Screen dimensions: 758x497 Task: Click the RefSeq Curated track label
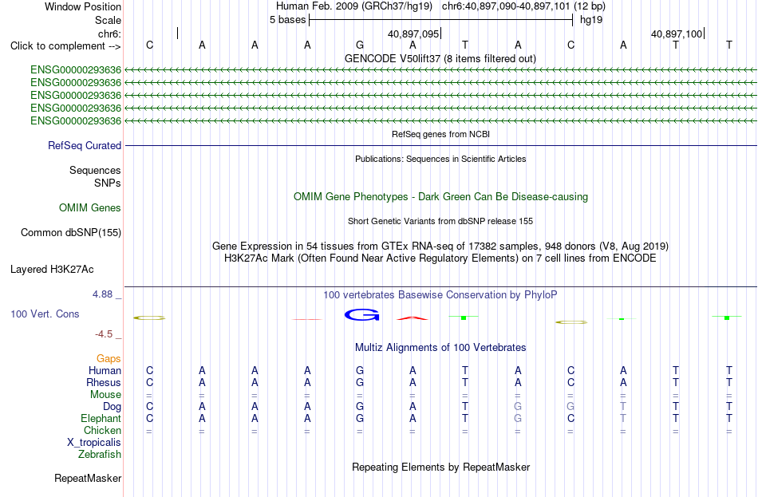tap(85, 145)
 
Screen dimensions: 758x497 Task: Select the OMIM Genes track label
tap(90, 208)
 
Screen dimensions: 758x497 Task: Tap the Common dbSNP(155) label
tap(71, 233)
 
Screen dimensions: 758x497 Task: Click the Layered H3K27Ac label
tap(52, 270)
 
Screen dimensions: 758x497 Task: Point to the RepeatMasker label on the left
tap(88, 478)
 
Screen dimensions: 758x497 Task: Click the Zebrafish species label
tap(100, 455)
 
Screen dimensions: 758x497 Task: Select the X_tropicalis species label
tap(94, 443)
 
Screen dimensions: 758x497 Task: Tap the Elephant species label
tap(101, 418)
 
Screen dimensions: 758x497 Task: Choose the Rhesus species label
tap(104, 382)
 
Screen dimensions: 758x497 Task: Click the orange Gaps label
tap(109, 359)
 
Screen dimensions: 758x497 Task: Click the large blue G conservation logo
tap(361, 315)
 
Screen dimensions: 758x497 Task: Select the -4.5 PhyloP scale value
tap(104, 334)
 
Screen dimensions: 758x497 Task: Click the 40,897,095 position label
tap(413, 34)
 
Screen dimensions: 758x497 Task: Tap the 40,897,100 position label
tap(677, 34)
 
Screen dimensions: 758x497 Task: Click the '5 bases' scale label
tap(287, 20)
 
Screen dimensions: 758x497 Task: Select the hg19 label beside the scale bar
tap(591, 20)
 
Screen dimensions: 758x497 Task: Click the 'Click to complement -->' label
tap(65, 46)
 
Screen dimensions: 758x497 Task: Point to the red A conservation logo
tap(413, 318)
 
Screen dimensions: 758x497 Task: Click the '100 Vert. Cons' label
tap(45, 314)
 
